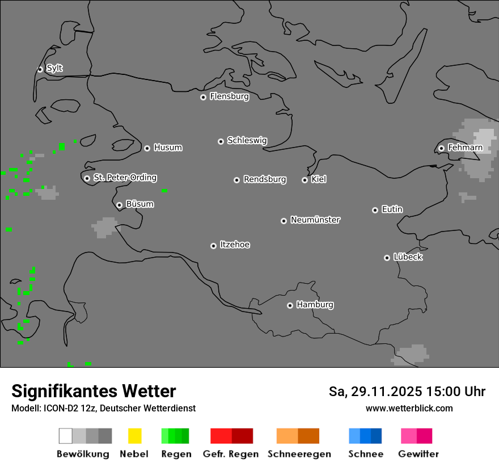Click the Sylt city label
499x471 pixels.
[x=54, y=68]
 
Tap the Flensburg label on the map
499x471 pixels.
[x=229, y=96]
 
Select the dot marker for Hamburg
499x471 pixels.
[x=290, y=305]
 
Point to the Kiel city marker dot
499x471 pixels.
[x=305, y=180]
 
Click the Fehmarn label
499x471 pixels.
[x=465, y=148]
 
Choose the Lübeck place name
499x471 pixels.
[x=408, y=257]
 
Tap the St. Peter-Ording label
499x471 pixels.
[x=125, y=178]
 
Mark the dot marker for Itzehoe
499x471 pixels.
[x=213, y=246]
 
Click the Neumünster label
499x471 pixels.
[x=315, y=220]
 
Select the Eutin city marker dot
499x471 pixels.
[x=375, y=210]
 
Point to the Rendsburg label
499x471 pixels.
[x=265, y=179]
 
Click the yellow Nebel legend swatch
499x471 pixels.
[x=134, y=436]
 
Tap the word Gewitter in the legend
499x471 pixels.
[x=418, y=454]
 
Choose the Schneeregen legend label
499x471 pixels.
[x=299, y=454]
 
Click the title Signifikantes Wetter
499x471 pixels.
[x=94, y=391]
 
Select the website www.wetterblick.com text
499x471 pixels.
[x=409, y=408]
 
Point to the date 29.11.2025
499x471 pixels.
[x=383, y=392]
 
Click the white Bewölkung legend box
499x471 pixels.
[x=65, y=436]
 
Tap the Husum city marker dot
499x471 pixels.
[x=147, y=148]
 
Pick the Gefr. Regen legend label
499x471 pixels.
[x=230, y=454]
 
